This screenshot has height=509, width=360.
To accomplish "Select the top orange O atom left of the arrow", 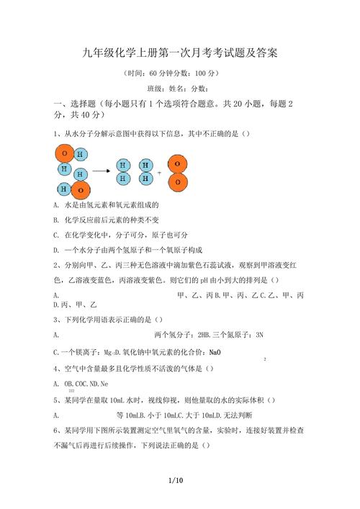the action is click(64, 154).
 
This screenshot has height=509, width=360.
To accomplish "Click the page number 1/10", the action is click(176, 480).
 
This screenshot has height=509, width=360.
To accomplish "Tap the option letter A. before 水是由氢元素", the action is click(56, 205).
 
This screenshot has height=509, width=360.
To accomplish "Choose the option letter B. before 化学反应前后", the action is click(56, 220).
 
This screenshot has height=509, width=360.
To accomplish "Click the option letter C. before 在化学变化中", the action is click(56, 235).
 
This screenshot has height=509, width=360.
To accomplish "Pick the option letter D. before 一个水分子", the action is click(56, 250).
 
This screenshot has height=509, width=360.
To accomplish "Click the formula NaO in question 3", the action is click(215, 353).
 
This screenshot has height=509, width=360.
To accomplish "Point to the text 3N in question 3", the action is click(259, 335).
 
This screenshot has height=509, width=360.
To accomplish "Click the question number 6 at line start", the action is click(55, 430).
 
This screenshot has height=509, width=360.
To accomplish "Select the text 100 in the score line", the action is click(202, 73).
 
